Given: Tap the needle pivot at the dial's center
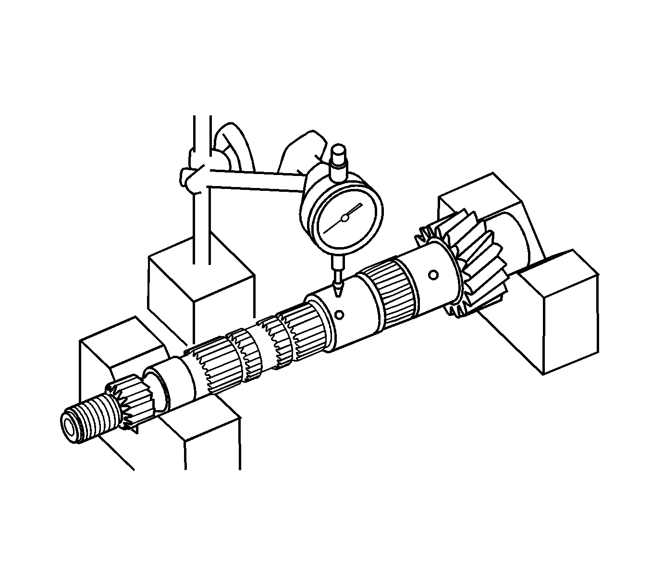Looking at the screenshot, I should (344, 218).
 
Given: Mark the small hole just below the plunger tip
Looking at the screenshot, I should (340, 315).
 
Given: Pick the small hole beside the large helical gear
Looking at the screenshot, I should (433, 275).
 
